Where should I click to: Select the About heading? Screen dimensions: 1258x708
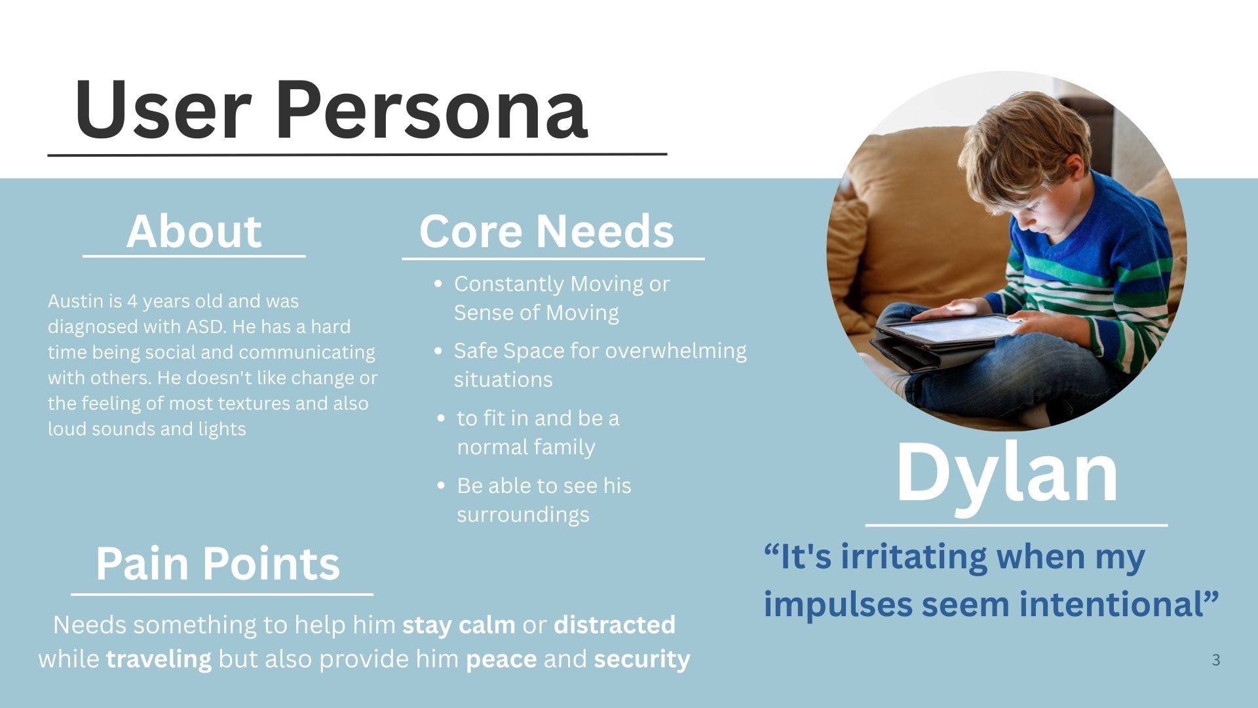[x=194, y=231]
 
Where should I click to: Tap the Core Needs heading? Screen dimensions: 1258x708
[x=546, y=231]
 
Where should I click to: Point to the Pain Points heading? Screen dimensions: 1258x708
[x=218, y=563]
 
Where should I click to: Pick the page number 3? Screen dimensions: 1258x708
[x=1216, y=660]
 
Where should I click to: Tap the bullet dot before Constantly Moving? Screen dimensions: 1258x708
[x=439, y=285]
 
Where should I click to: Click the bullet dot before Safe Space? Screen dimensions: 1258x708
[x=439, y=351]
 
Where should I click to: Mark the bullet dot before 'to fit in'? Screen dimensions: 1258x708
[x=442, y=418]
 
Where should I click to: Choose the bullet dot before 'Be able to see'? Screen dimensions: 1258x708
[x=442, y=486]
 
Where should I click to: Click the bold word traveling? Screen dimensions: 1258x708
[x=159, y=659]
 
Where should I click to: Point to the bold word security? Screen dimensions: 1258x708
[x=642, y=659]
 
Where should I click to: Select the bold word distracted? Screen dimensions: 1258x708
[x=615, y=625]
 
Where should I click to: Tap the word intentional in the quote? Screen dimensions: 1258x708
[x=1110, y=604]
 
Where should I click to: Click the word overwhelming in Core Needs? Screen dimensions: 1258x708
[x=676, y=351]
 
